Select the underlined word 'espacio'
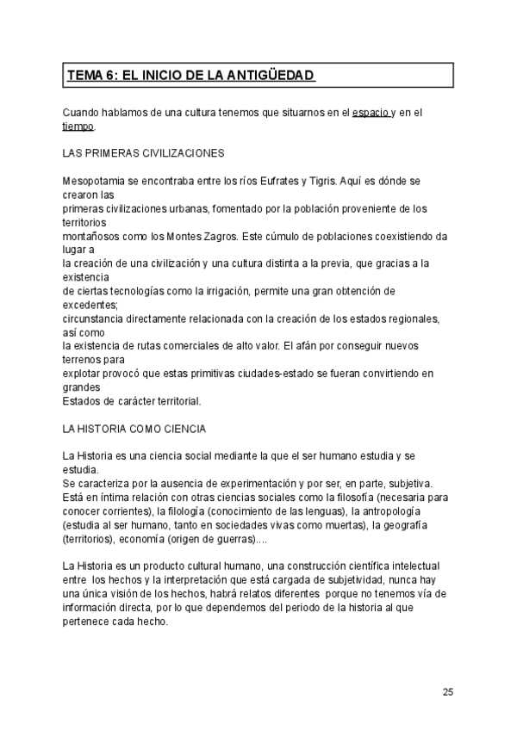click(x=371, y=113)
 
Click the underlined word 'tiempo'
click(x=78, y=126)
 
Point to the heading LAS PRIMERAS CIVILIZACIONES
click(x=144, y=153)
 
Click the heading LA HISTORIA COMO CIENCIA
click(x=134, y=428)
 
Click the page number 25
click(x=448, y=691)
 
